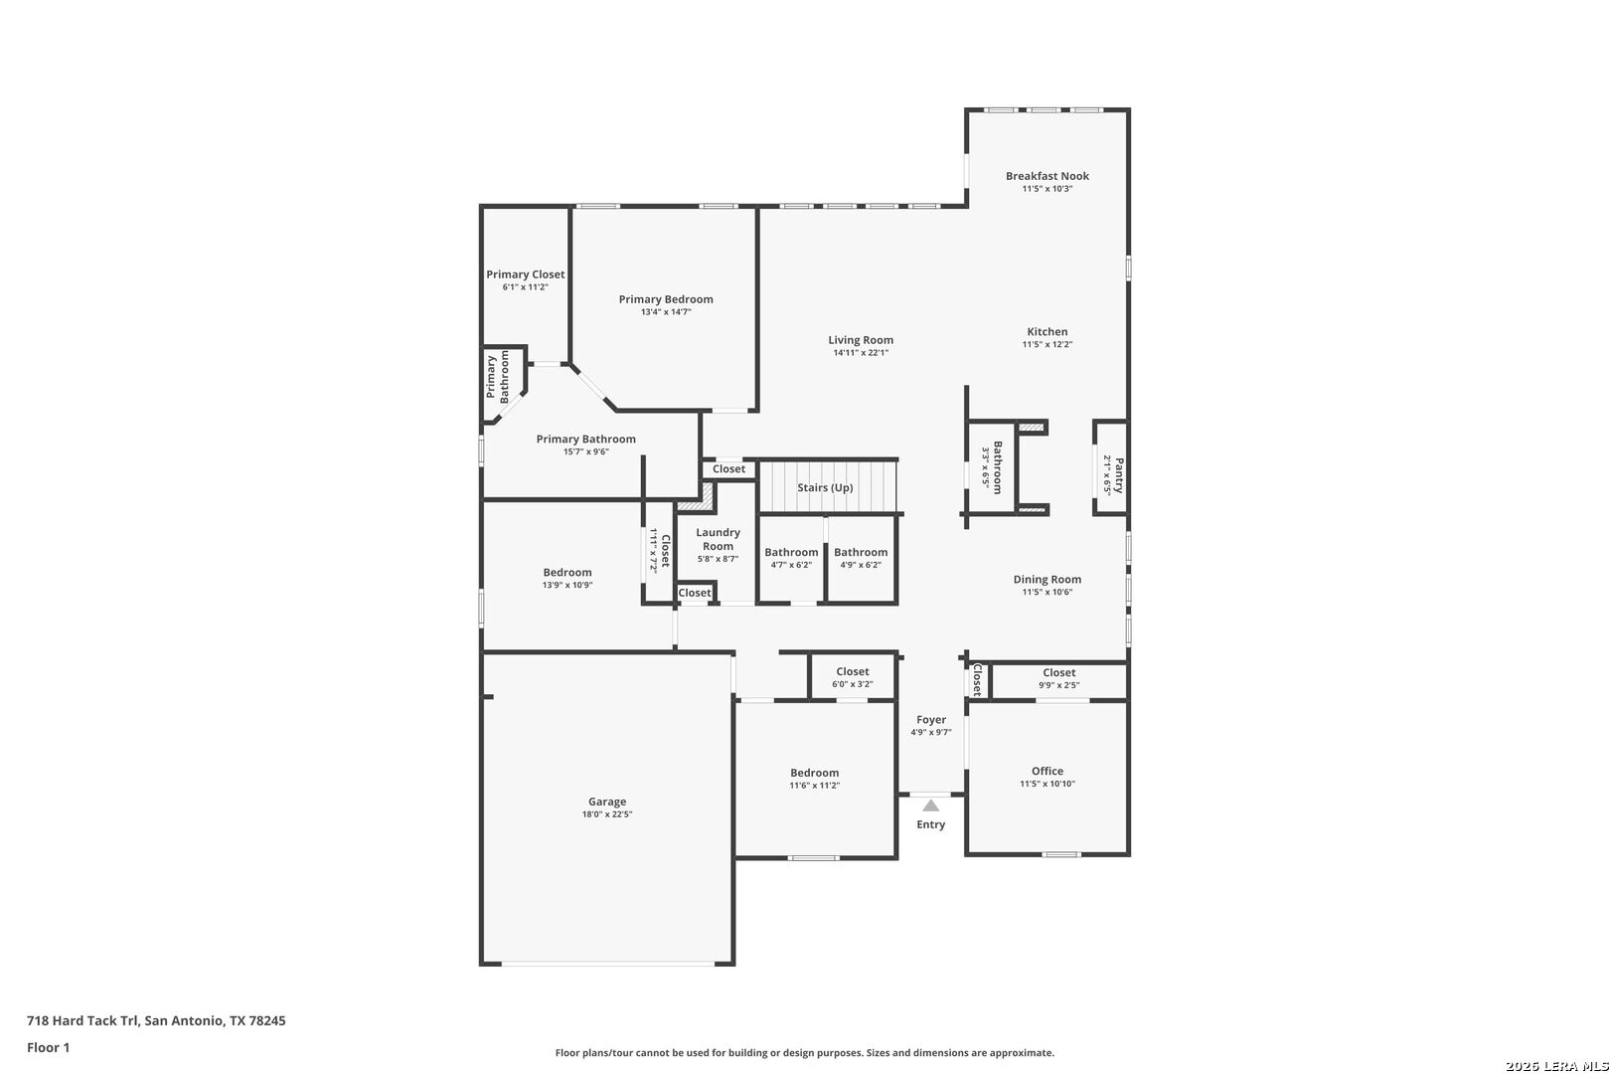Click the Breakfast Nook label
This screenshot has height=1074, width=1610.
tap(1047, 176)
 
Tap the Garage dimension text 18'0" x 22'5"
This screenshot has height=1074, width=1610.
tap(607, 814)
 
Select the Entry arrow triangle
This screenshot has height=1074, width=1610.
tap(931, 805)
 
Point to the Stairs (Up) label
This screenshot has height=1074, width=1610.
tap(825, 487)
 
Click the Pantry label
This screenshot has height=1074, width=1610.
tap(1118, 474)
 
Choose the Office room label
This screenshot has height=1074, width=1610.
tap(1047, 771)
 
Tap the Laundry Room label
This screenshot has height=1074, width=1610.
tap(718, 539)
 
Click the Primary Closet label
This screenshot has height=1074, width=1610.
tap(526, 274)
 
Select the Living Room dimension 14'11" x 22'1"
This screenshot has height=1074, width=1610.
tap(861, 352)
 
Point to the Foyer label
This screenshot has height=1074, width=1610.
tap(931, 719)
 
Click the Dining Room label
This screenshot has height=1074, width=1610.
tap(1047, 579)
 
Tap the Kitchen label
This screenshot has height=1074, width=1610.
tap(1047, 331)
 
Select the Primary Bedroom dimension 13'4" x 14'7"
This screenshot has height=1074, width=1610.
tap(666, 312)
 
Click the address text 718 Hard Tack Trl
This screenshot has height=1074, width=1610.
tap(81, 1020)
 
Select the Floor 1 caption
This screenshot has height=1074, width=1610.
tap(48, 1047)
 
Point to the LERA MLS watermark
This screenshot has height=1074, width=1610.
tap(1556, 1066)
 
